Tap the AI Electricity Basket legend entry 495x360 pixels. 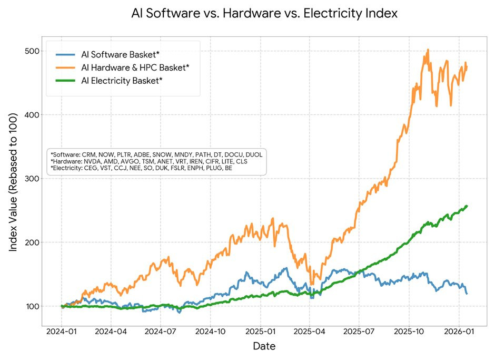(x=122, y=81)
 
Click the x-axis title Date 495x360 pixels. (x=264, y=346)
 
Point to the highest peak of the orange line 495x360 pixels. (x=428, y=50)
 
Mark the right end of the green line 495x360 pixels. (x=467, y=206)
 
